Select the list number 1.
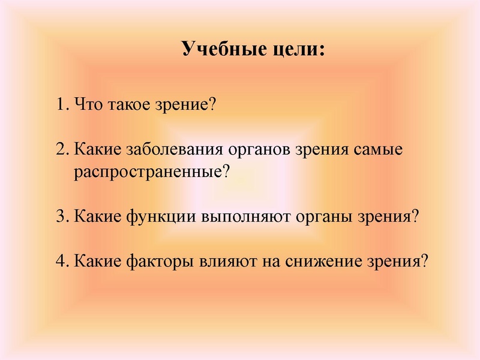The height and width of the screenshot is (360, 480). tap(60, 105)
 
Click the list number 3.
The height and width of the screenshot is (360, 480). tap(60, 216)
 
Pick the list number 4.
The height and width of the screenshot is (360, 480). tap(60, 260)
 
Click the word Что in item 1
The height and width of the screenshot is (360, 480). tap(88, 105)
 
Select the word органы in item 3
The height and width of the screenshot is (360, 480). tap(322, 217)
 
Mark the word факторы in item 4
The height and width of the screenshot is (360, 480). tap(155, 262)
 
